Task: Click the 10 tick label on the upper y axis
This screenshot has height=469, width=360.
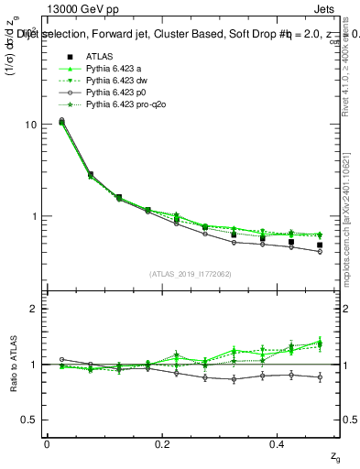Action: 30,124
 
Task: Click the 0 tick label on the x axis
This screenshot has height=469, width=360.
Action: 47,443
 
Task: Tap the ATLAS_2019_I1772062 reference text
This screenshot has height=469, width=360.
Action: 190,274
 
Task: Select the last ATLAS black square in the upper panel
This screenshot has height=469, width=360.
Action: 320,245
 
